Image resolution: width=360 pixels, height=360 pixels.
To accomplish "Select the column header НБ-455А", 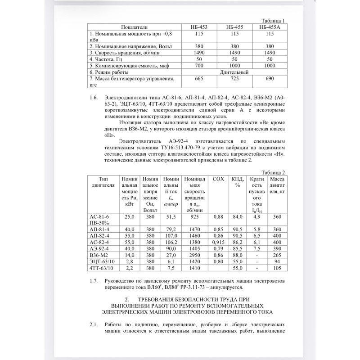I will pyautogui.click(x=270, y=27).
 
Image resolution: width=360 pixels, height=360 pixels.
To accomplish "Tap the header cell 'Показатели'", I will pyautogui.click(x=134, y=27).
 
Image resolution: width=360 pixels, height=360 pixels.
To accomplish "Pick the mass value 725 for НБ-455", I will pyautogui.click(x=234, y=79).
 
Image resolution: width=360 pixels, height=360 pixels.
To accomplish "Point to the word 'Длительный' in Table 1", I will pyautogui.click(x=234, y=72).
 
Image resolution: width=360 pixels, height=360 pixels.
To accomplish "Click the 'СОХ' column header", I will pyautogui.click(x=218, y=179).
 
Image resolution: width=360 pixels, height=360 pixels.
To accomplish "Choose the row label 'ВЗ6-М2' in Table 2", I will pyautogui.click(x=102, y=255).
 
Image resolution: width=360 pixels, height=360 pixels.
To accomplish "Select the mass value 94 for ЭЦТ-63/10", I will pyautogui.click(x=277, y=261).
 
